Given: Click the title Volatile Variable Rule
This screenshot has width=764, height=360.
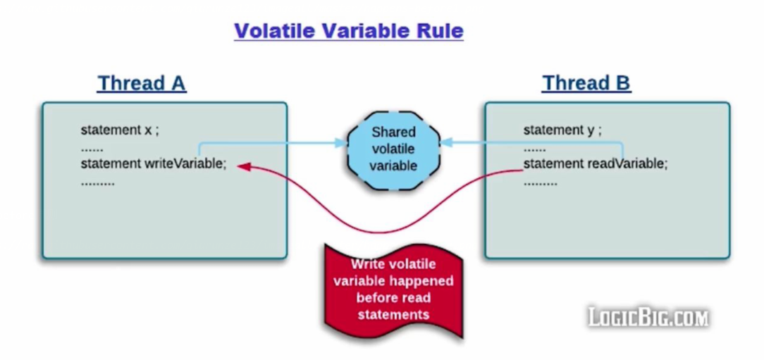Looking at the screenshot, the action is [348, 31].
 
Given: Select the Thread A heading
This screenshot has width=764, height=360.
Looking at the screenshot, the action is [141, 83].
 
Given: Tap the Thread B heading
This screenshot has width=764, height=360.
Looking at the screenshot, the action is [586, 83].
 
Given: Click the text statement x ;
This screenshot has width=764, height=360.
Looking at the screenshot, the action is [120, 130].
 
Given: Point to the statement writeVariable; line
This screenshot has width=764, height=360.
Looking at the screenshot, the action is [154, 164].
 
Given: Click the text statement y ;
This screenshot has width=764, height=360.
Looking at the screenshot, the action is [562, 130].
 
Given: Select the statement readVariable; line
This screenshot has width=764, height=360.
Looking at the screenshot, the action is [595, 164].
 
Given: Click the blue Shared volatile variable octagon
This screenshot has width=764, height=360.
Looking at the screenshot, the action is [393, 149].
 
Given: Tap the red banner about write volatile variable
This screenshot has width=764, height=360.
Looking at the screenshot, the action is [393, 290].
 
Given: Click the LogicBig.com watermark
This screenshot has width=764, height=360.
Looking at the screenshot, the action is [648, 317].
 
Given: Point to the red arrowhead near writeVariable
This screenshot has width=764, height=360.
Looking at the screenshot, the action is [242, 166].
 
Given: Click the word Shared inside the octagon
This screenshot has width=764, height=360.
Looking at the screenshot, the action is [393, 132].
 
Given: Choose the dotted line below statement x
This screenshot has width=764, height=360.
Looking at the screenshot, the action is [92, 149].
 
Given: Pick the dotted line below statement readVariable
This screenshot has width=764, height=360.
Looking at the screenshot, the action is [540, 183].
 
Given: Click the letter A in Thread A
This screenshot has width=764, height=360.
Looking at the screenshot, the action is [178, 83].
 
